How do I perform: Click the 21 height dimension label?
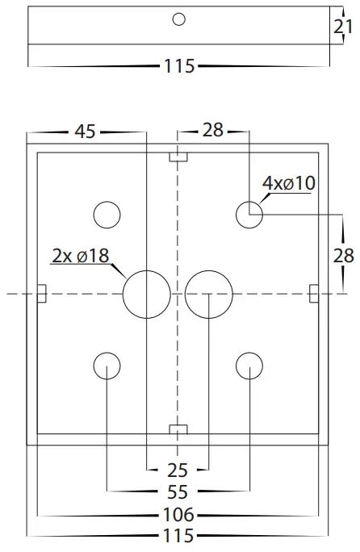pyautogui.click(x=343, y=27)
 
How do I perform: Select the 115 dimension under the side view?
pyautogui.click(x=178, y=66)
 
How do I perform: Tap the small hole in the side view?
pyautogui.click(x=179, y=19)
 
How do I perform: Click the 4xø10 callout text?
pyautogui.click(x=288, y=184)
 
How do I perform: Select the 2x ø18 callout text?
pyautogui.click(x=81, y=256)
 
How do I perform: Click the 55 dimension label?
pyautogui.click(x=178, y=491)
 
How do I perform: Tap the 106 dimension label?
pyautogui.click(x=178, y=514)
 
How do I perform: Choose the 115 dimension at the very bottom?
pyautogui.click(x=178, y=536)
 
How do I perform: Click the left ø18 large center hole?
pyautogui.click(x=146, y=294)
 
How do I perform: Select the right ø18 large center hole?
pyautogui.click(x=208, y=294)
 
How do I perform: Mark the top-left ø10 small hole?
pyautogui.click(x=107, y=215)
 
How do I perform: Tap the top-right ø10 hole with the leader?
pyautogui.click(x=249, y=215)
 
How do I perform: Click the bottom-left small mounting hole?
pyautogui.click(x=107, y=366)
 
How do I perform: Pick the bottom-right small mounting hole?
pyautogui.click(x=249, y=366)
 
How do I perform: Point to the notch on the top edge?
pyautogui.click(x=178, y=156)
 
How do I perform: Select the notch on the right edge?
pyautogui.click(x=315, y=294)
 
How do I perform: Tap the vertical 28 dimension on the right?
pyautogui.click(x=345, y=255)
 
